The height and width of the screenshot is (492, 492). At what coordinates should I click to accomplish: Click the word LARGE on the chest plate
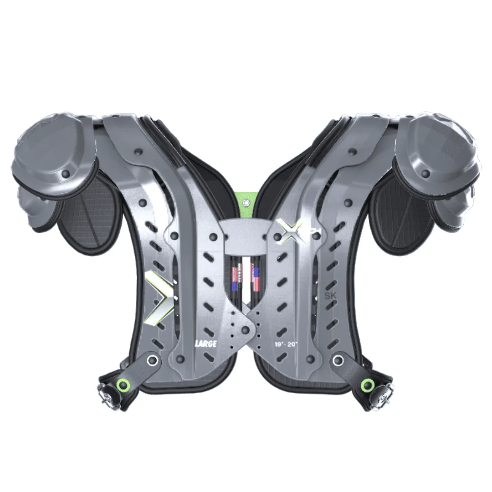tap(205, 344)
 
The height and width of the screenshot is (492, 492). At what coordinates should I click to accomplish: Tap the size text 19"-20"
tap(286, 344)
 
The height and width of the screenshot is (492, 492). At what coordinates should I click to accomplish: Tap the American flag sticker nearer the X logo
tap(256, 279)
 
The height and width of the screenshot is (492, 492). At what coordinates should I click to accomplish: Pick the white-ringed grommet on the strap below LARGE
tap(154, 361)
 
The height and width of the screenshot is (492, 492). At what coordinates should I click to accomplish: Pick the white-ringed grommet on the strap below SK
tap(338, 361)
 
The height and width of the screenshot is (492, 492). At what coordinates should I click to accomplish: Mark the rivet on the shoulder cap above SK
tap(425, 173)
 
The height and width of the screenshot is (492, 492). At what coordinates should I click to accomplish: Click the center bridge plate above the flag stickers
tap(246, 237)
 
